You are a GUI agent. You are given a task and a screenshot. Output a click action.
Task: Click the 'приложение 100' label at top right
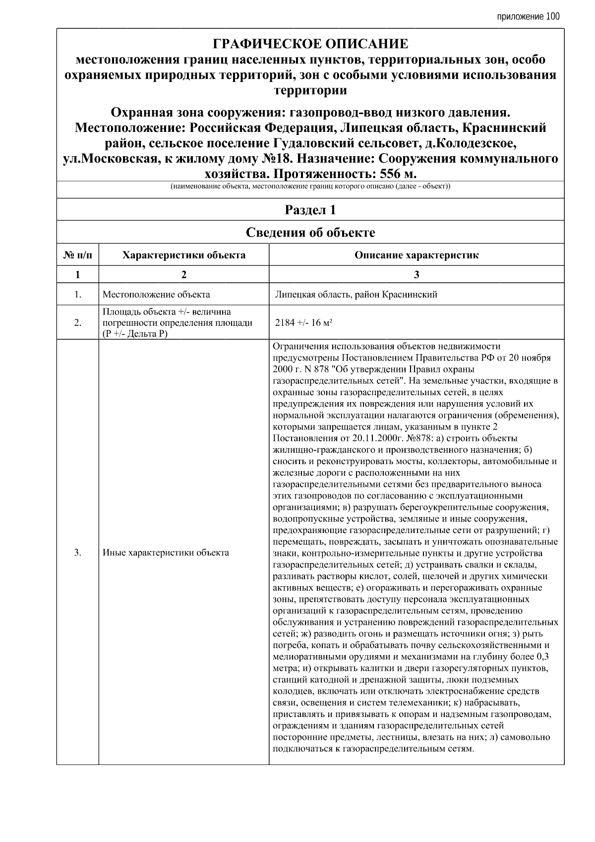coord(528,17)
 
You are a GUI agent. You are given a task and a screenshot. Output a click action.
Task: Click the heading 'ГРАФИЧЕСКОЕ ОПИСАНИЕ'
coord(310,44)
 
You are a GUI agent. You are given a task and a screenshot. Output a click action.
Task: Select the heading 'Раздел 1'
coord(310,210)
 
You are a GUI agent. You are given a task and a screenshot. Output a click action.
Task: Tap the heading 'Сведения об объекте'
coord(310,233)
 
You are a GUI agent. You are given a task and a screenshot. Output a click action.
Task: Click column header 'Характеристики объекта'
coord(184,255)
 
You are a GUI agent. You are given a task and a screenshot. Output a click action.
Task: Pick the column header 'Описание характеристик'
coord(416,255)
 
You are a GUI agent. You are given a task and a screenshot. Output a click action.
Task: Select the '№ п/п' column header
coord(78,255)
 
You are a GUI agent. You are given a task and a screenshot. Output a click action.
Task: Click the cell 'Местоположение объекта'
coord(156,295)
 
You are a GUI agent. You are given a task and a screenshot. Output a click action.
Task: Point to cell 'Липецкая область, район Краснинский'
coord(356,295)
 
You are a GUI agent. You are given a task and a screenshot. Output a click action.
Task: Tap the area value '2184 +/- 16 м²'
coord(303,323)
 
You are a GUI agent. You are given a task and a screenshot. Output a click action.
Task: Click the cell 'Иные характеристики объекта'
coord(166,552)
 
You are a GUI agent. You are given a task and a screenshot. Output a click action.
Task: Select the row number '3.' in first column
coord(78,552)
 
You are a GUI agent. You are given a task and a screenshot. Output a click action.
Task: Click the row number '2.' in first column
coord(78,323)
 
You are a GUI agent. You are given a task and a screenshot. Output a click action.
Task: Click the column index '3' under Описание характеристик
coord(416,274)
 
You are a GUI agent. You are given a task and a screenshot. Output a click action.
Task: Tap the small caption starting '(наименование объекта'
coord(310,187)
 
